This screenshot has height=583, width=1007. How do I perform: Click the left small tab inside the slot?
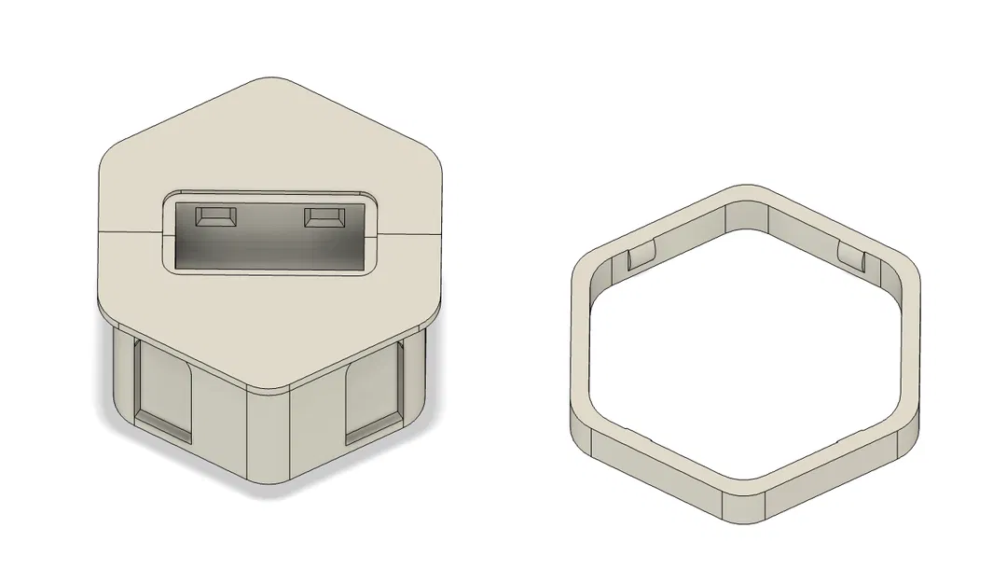click(214, 216)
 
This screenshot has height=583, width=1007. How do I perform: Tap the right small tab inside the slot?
click(324, 216)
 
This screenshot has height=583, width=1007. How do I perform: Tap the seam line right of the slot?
click(410, 228)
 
